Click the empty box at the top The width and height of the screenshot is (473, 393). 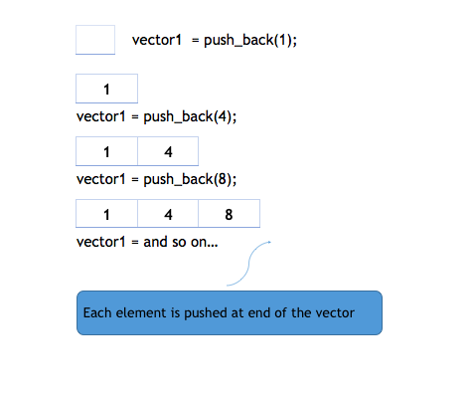[95, 40]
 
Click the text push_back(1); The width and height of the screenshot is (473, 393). [251, 41]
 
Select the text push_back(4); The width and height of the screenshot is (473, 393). [191, 116]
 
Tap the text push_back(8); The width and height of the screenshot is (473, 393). [191, 179]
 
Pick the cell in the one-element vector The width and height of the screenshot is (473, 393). [106, 91]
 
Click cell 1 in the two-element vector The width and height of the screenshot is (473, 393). [106, 152]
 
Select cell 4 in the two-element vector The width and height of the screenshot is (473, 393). [167, 152]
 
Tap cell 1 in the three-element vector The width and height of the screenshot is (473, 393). [106, 214]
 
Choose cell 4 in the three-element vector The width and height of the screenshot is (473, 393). [167, 214]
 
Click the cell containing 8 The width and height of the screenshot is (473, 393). [229, 214]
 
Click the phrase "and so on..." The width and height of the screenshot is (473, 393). [181, 242]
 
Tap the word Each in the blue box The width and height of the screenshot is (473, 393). [96, 312]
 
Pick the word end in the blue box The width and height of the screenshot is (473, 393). [250, 312]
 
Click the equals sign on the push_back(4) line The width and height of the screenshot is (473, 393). [135, 116]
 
